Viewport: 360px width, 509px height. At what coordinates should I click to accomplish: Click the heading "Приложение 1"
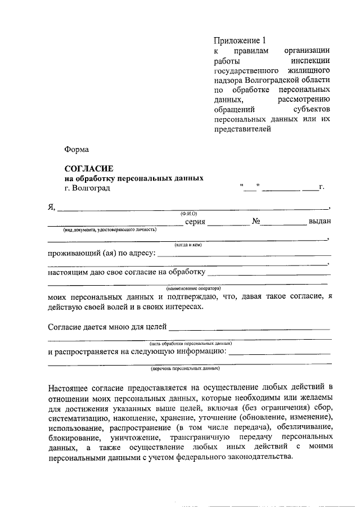click(x=238, y=40)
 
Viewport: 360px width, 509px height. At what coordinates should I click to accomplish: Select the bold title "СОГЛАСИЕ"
click(x=89, y=168)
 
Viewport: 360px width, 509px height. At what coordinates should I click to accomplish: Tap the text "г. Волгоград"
click(x=88, y=188)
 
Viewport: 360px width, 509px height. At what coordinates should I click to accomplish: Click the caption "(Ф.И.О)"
click(x=188, y=214)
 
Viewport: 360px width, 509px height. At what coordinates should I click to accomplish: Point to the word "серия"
click(x=194, y=222)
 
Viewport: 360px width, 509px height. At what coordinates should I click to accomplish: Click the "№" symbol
click(x=255, y=222)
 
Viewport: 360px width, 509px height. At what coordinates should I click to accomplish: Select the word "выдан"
click(x=319, y=222)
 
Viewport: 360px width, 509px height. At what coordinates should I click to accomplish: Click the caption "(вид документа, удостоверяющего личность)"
click(x=110, y=230)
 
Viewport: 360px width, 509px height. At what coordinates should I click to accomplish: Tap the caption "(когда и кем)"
click(x=188, y=245)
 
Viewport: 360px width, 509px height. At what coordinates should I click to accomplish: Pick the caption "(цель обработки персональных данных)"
click(x=190, y=343)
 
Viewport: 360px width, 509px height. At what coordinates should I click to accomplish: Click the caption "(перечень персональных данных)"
click(x=185, y=369)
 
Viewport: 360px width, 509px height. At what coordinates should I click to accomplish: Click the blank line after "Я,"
click(x=192, y=208)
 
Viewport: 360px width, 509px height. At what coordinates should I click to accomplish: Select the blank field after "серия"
click(x=227, y=224)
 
